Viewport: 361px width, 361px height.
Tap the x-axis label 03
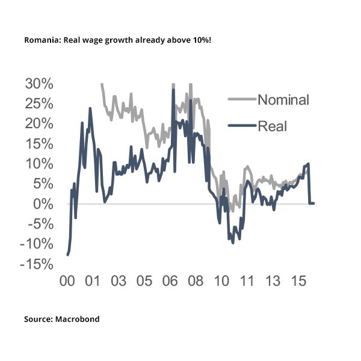pyautogui.click(x=118, y=281)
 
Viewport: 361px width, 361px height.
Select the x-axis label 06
pyautogui.click(x=170, y=281)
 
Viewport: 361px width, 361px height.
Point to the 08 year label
pyautogui.click(x=196, y=281)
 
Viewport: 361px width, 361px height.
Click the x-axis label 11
pyautogui.click(x=247, y=281)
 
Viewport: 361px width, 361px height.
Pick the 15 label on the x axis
pyautogui.click(x=299, y=281)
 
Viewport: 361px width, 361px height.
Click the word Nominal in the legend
pyautogui.click(x=283, y=100)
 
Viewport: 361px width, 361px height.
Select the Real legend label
pyautogui.click(x=272, y=126)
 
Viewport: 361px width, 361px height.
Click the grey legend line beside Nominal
pyautogui.click(x=241, y=100)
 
